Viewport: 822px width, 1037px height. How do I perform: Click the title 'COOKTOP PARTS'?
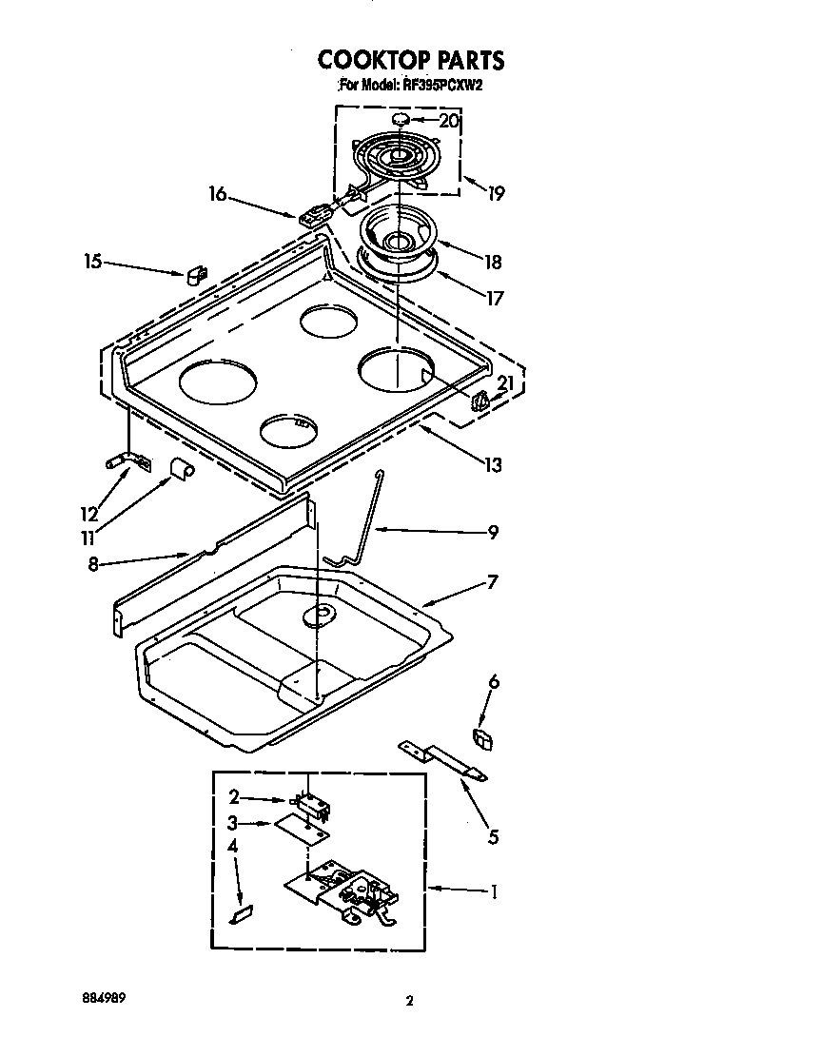tap(411, 60)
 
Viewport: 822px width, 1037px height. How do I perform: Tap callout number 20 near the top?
tap(449, 121)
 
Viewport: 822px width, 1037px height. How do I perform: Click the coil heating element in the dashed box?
tap(395, 160)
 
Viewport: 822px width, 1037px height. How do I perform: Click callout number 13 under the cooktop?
tap(492, 465)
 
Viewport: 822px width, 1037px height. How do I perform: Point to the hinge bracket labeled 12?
tap(126, 462)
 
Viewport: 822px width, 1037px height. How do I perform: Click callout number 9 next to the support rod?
tap(493, 533)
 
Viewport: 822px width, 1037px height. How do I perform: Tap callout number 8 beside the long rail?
tap(92, 564)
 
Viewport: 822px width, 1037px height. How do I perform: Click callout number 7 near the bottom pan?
tap(492, 582)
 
